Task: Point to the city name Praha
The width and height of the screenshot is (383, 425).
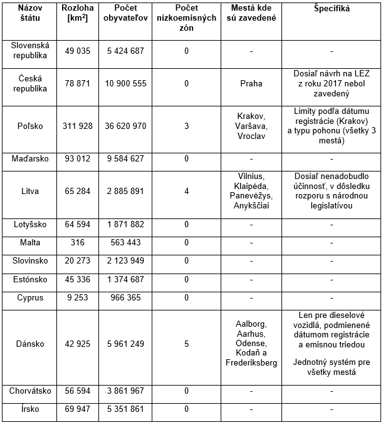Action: [251, 83]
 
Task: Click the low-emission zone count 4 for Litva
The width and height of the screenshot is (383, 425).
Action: [186, 191]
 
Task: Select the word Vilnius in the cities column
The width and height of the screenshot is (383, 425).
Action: [251, 176]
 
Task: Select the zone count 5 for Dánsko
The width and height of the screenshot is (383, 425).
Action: [186, 344]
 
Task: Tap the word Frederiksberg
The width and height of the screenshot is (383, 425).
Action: [251, 363]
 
